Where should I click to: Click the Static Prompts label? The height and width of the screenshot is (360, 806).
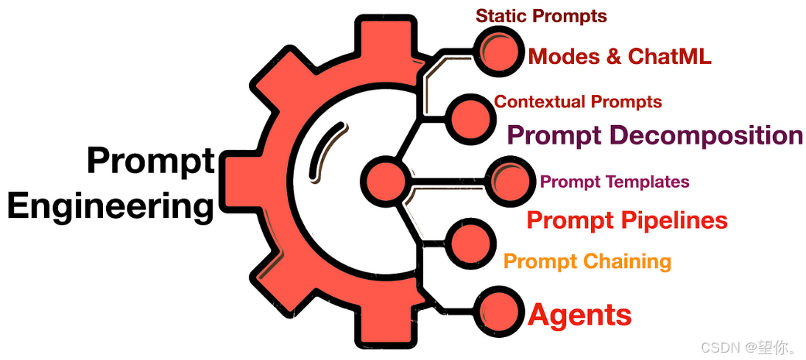point(541,15)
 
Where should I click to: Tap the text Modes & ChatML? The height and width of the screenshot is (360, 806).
point(620,56)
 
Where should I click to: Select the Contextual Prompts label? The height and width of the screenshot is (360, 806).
point(578,102)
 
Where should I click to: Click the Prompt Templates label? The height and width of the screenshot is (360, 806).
point(615,182)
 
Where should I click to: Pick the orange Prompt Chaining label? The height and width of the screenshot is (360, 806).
point(587,261)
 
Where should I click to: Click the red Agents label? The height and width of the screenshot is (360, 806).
point(580,315)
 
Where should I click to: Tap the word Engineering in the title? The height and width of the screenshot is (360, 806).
point(110,205)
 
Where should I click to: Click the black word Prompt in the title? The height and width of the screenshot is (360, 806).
point(151,160)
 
